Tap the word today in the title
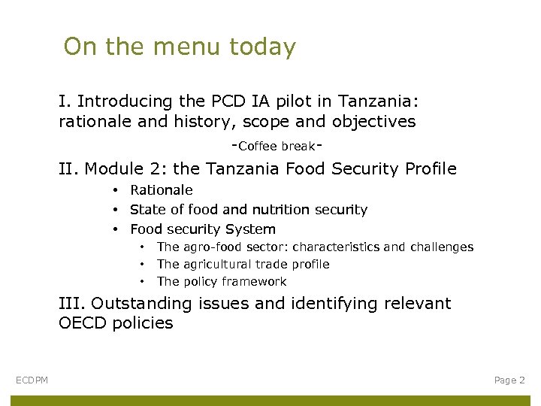(x=263, y=47)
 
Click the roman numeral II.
(x=69, y=169)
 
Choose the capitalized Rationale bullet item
(x=162, y=190)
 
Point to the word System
(x=252, y=229)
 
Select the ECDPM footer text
(x=32, y=380)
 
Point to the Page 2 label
(x=509, y=380)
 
